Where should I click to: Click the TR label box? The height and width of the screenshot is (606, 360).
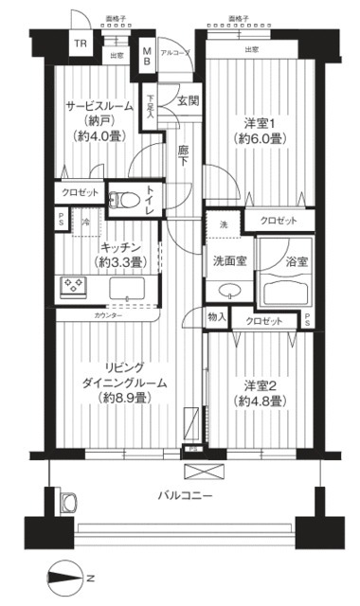click(x=81, y=45)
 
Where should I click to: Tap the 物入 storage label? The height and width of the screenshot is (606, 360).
click(x=217, y=316)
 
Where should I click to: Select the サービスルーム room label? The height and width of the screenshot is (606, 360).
click(x=102, y=106)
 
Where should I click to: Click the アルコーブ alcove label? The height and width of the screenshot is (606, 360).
click(x=177, y=52)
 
